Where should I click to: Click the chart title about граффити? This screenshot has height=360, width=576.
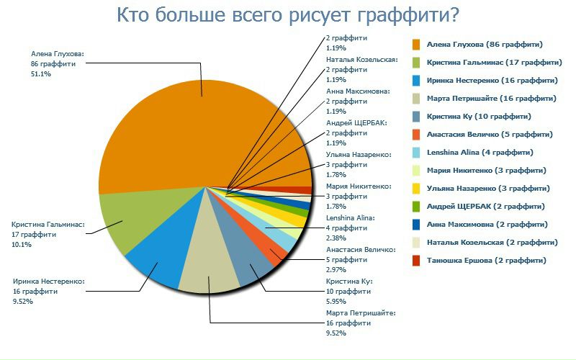pos(287,16)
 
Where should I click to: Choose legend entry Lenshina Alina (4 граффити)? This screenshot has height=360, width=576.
pos(480,153)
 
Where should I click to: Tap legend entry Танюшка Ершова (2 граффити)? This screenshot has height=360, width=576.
pos(486,260)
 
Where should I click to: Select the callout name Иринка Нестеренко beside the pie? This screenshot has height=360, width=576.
pos(48,282)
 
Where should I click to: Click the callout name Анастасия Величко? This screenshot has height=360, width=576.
pos(361,250)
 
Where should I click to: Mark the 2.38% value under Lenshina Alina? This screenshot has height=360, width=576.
pos(335,238)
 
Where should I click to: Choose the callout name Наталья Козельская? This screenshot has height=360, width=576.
pos(361,60)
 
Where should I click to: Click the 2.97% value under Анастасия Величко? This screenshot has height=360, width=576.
pos(335,269)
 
